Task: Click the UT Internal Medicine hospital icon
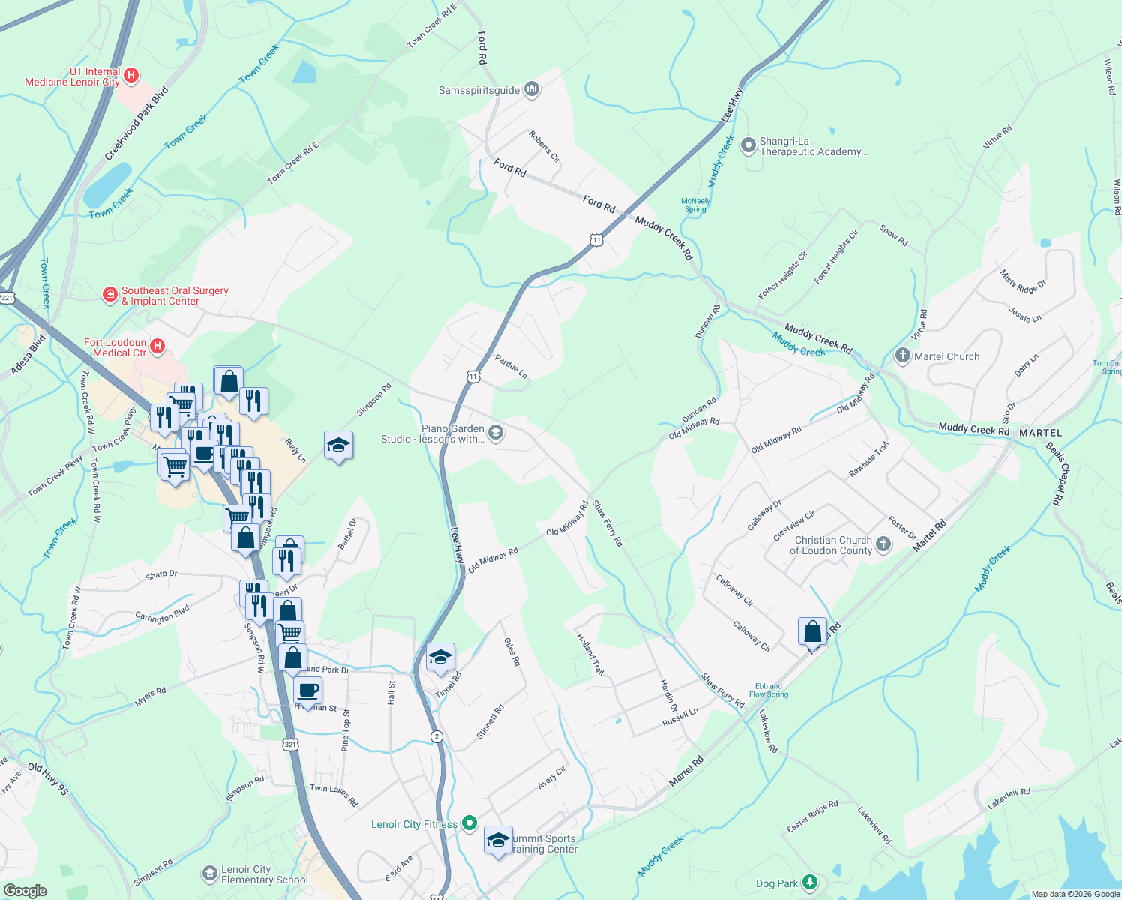(131, 75)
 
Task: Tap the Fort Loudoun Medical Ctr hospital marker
(157, 346)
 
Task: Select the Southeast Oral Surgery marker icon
(110, 294)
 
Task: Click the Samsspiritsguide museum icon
(532, 90)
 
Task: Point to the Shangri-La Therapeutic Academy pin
(748, 145)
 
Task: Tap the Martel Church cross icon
(903, 355)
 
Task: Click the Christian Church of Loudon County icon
(883, 544)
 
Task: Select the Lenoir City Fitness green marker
(469, 823)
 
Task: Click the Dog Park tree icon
(809, 882)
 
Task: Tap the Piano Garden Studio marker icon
(495, 432)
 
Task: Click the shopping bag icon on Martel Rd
(812, 631)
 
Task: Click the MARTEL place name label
(1040, 433)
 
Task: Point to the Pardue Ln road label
(511, 367)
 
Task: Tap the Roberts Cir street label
(544, 146)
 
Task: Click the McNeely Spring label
(695, 205)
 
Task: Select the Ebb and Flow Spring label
(769, 690)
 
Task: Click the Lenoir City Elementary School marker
(209, 874)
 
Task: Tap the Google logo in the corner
(25, 890)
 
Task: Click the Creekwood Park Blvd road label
(136, 124)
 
